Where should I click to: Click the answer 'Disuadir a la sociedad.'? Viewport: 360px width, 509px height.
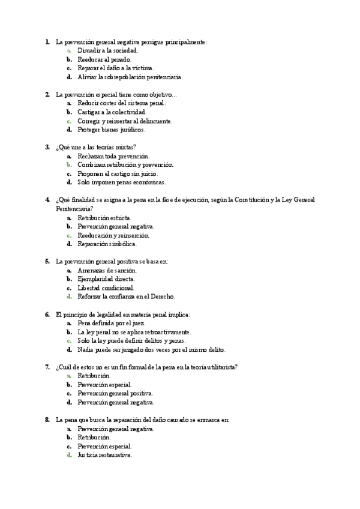tap(107, 51)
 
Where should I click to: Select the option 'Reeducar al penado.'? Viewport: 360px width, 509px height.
tap(104, 59)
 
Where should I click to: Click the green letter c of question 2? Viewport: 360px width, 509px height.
tap(70, 121)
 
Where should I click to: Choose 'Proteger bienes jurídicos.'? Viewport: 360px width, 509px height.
tap(111, 129)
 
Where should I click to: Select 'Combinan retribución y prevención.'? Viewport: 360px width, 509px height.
tap(125, 164)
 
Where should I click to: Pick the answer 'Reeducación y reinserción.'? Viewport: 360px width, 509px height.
tap(113, 235)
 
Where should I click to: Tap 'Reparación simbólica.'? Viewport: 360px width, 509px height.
tap(107, 244)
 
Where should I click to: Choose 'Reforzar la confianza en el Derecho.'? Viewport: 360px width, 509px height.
tap(126, 297)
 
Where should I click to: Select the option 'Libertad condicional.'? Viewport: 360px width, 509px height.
tap(106, 288)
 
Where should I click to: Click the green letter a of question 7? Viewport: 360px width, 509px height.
tap(70, 376)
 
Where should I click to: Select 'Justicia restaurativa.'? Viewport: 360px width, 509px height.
tap(104, 455)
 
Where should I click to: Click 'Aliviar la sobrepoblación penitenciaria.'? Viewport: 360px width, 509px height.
tap(130, 77)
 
